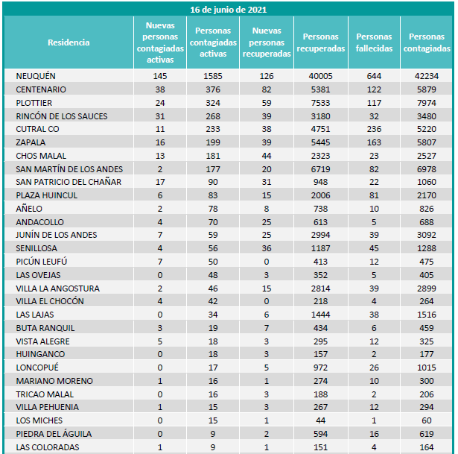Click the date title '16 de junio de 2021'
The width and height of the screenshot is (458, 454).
(x=229, y=10)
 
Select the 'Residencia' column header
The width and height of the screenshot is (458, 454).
(x=69, y=42)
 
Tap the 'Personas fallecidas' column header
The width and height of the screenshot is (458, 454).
(x=374, y=42)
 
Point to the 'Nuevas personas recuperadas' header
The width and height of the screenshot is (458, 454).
(x=266, y=42)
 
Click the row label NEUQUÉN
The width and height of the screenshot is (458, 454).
(x=36, y=76)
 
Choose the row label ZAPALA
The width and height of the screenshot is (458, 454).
(x=31, y=142)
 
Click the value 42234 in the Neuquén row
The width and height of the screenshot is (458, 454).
(x=427, y=76)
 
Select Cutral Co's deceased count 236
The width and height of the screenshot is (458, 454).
(x=374, y=129)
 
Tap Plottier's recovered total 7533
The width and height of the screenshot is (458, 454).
(x=321, y=103)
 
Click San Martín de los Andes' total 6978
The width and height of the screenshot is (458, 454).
(x=427, y=169)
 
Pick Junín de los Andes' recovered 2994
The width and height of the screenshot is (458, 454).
(x=321, y=235)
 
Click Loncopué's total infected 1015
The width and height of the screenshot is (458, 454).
(x=427, y=368)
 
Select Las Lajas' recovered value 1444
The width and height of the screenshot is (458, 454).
(x=321, y=315)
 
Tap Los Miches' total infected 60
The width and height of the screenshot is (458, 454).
(x=427, y=420)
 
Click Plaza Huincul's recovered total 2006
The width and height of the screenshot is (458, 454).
(x=321, y=195)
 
